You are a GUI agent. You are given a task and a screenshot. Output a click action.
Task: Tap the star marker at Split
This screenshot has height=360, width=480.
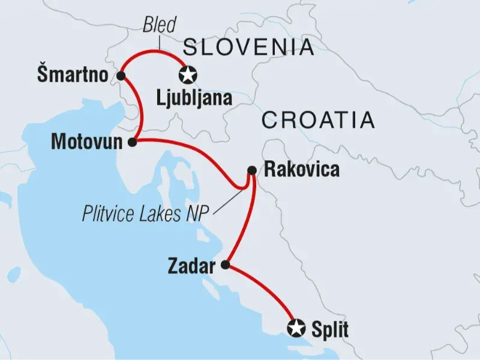295,328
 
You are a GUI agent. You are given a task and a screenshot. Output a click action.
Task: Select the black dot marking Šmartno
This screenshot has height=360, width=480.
121,76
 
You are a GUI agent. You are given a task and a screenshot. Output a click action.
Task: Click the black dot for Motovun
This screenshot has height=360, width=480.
133,142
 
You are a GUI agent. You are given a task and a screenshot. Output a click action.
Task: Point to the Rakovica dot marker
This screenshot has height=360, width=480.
251,170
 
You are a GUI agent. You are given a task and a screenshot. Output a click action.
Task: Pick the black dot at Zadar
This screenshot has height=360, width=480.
226,265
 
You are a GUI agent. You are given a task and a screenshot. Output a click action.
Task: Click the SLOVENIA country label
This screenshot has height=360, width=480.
248,46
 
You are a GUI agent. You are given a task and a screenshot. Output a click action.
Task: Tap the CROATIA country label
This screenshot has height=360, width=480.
318,120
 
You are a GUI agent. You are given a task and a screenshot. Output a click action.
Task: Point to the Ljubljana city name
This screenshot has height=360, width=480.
193,98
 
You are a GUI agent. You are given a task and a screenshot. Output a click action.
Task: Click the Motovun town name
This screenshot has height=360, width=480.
89,142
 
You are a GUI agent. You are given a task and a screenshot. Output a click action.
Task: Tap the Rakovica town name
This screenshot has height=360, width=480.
302,170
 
